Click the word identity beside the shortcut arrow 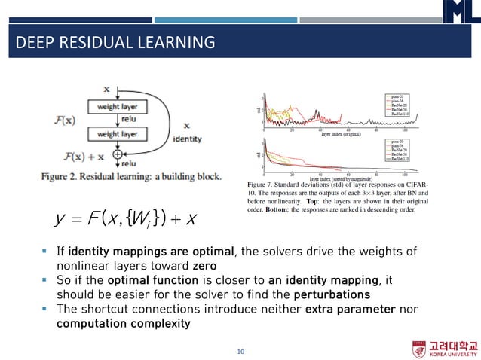tap(187, 139)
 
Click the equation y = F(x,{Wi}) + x tap(126, 218)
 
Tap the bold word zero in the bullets tap(204, 266)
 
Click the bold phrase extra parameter tap(349, 310)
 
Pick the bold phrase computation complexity tap(123, 324)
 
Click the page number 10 tap(241, 351)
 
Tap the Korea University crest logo tap(419, 349)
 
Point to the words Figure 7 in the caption tap(263, 183)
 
